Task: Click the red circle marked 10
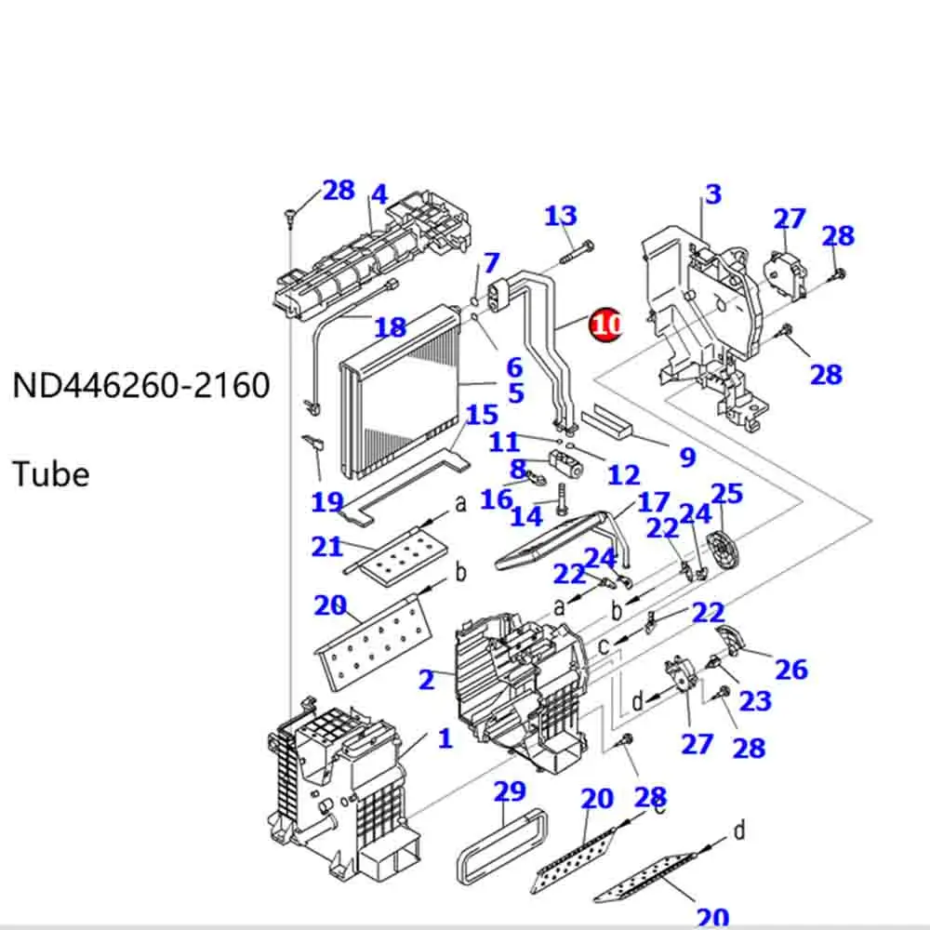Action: click(605, 325)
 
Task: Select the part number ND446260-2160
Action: click(140, 384)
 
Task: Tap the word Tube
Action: click(51, 474)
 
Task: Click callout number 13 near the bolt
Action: click(561, 217)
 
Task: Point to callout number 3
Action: click(712, 194)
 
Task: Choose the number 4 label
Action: click(379, 195)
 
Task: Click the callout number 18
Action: click(390, 327)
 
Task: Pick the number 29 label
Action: click(510, 792)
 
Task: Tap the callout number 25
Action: click(726, 493)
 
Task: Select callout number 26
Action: click(790, 669)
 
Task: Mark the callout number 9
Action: click(687, 457)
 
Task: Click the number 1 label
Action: click(445, 739)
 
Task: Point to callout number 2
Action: click(426, 680)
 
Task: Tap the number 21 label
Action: click(326, 546)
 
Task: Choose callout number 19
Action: click(327, 502)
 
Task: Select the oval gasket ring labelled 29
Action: click(499, 850)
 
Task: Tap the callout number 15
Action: click(482, 415)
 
